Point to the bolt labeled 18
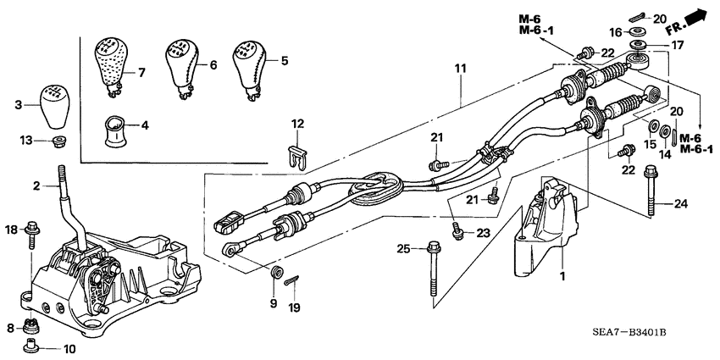click(34, 230)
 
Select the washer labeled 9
click(275, 274)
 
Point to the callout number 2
click(37, 186)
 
